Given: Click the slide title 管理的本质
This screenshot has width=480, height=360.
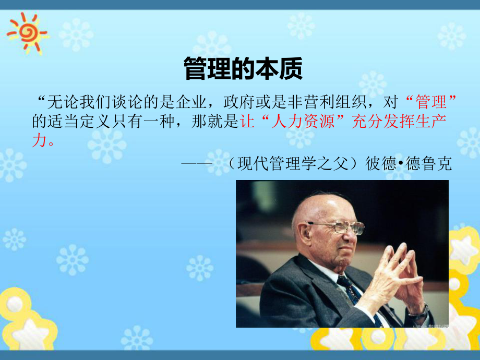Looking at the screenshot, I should [x=243, y=68].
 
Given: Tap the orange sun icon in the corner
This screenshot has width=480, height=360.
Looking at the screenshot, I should [x=26, y=31].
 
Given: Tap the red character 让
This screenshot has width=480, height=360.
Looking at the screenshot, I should [x=246, y=122].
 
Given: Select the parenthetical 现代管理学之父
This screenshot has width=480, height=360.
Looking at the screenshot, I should [x=294, y=164].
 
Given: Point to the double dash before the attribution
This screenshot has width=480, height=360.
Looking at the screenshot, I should [x=196, y=164].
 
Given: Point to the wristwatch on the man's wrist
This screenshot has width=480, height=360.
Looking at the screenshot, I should [x=418, y=313].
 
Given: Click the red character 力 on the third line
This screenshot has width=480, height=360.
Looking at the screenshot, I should [x=39, y=141].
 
